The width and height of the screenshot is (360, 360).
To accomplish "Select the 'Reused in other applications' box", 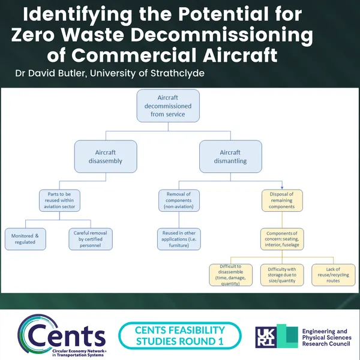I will (179, 239).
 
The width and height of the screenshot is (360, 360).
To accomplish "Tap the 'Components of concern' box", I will (282, 239).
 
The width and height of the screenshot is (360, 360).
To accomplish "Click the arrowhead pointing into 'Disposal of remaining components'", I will (282, 187).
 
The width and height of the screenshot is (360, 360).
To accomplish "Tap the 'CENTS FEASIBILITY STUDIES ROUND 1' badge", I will (180, 335).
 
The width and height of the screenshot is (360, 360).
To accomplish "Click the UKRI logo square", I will (276, 335).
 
